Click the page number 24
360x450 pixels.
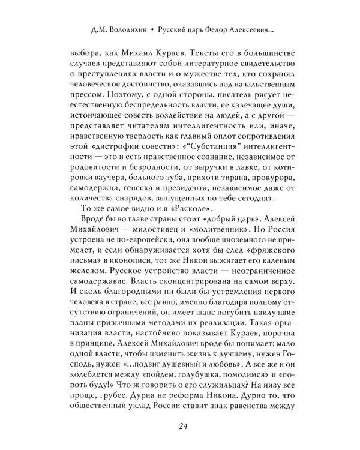[180, 426]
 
